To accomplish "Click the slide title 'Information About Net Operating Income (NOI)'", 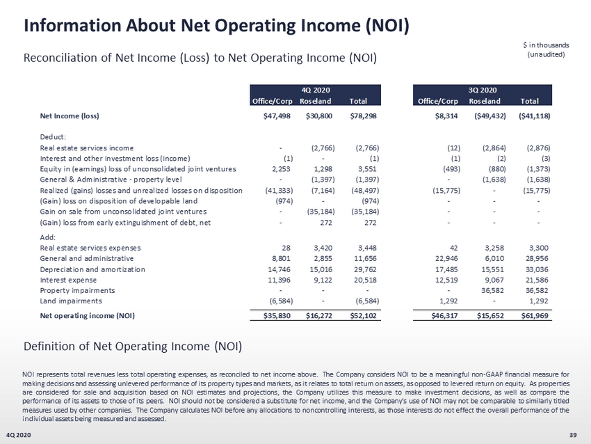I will click(216, 26).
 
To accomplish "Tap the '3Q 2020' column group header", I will click(483, 89).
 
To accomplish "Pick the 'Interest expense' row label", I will click(70, 279).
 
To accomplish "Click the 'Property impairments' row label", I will click(76, 290).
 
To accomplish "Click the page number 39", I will click(573, 435).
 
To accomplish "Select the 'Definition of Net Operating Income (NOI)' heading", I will click(132, 345).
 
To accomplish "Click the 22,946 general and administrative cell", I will click(444, 257).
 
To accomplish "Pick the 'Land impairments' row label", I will click(71, 301).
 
